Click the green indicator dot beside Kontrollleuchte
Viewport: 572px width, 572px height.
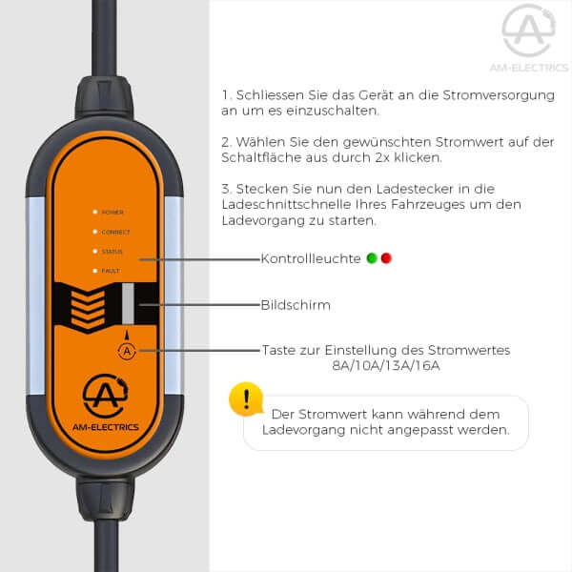(x=372, y=258)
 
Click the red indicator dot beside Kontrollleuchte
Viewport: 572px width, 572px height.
(x=386, y=258)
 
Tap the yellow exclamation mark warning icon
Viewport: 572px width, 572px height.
(x=247, y=399)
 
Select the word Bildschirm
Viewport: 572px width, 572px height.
(x=296, y=305)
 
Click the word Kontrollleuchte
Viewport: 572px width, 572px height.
(x=311, y=258)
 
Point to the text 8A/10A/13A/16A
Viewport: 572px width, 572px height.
(x=386, y=365)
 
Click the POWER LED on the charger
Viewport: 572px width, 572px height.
(x=95, y=212)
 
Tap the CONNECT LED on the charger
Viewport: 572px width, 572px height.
(x=95, y=232)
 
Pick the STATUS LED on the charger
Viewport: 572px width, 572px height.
(x=95, y=252)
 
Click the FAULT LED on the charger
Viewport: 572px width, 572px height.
(x=95, y=271)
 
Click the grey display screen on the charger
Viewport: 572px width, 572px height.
(x=128, y=303)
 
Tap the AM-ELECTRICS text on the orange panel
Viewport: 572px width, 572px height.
(x=106, y=427)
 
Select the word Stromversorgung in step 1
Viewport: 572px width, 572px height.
(x=499, y=95)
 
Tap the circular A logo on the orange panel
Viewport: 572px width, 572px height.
(x=106, y=396)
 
